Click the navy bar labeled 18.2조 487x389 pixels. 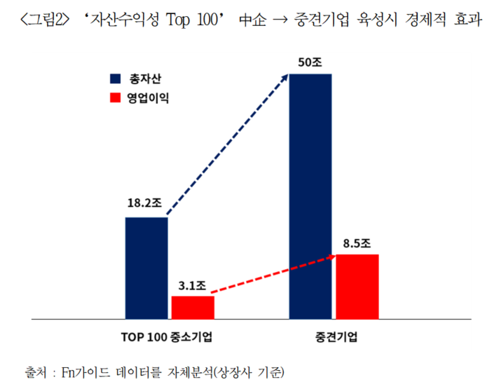pos(146,268)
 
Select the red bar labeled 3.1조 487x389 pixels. pos(193,307)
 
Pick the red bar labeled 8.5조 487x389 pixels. pos(357,286)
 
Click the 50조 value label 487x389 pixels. pos(309,62)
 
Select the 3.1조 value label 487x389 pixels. pos(191,285)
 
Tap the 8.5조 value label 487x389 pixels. pos(357,243)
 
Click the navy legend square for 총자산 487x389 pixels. pos(114,79)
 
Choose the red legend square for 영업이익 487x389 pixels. pos(114,99)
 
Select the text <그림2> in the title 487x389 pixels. pos(48,19)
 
